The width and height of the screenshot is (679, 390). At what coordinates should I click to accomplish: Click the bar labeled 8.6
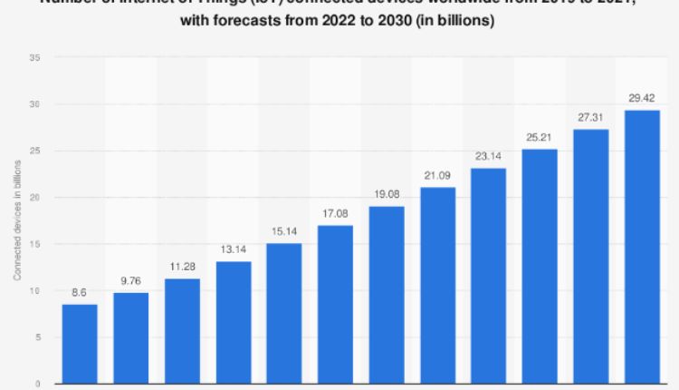[x=80, y=344]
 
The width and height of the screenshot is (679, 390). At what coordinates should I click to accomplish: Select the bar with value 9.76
[x=130, y=337]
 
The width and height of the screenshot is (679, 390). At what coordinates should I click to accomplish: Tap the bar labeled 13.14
[x=233, y=322]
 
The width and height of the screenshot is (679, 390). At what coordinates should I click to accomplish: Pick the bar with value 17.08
[x=335, y=304]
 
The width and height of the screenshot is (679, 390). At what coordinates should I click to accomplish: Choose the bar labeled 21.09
[x=437, y=285]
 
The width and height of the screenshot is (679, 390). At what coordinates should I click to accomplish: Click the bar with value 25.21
[x=540, y=266]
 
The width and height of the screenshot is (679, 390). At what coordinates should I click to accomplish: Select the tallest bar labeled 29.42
[x=642, y=247]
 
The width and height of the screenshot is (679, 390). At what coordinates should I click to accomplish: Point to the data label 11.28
[x=182, y=268]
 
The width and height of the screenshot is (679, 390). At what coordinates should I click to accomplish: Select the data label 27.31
[x=591, y=119]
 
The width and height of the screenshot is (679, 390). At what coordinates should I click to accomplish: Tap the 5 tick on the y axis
[x=36, y=337]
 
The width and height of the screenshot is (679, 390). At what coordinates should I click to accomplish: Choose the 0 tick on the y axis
[x=36, y=384]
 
